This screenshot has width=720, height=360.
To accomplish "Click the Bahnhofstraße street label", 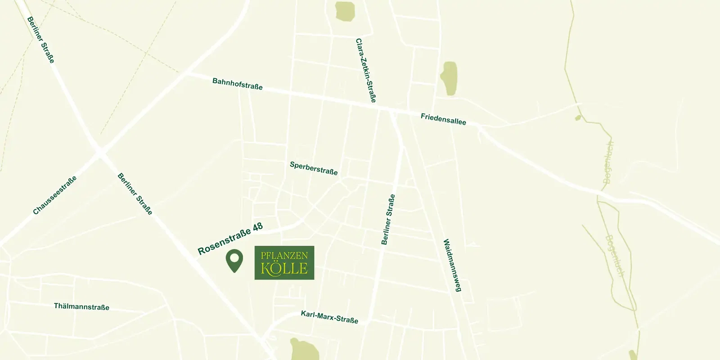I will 237,84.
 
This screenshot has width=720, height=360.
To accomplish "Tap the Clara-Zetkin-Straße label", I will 365,70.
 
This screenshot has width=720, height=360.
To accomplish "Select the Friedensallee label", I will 443,119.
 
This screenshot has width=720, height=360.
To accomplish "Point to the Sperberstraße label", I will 314,168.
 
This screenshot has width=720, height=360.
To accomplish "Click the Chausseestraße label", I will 55,195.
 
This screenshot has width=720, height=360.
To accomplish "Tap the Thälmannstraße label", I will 81,306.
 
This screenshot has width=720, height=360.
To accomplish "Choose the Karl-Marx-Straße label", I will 329,317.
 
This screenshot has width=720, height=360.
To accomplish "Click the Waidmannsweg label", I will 452,265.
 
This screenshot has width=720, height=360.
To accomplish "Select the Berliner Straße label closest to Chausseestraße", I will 135,193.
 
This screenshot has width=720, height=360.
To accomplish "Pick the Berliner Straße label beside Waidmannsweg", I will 388,219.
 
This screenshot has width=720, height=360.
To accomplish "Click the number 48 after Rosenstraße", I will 257,227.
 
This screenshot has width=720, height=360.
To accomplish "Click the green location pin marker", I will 234,261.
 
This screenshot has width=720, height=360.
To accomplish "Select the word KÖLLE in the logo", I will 284,269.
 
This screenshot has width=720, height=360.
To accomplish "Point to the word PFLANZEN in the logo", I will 284,256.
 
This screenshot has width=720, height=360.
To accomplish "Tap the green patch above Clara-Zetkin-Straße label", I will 345,11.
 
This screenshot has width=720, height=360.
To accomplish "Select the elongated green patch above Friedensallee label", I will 449,78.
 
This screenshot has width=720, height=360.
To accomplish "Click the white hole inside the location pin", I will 234,258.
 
